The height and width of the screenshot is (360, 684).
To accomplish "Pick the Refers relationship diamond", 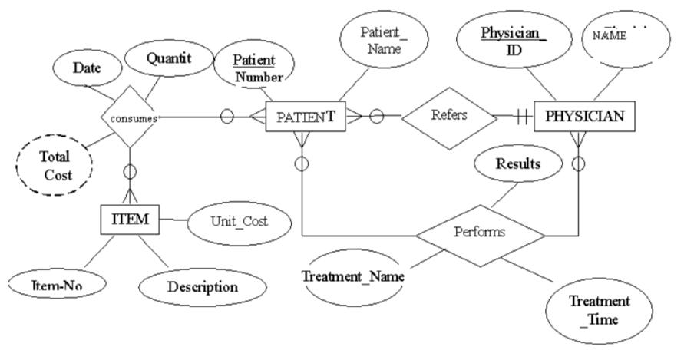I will pos(448,117).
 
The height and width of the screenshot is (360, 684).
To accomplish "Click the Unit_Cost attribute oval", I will pos(238,221).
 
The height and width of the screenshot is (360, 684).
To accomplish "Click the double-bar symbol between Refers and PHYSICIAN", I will pos(522,117).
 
